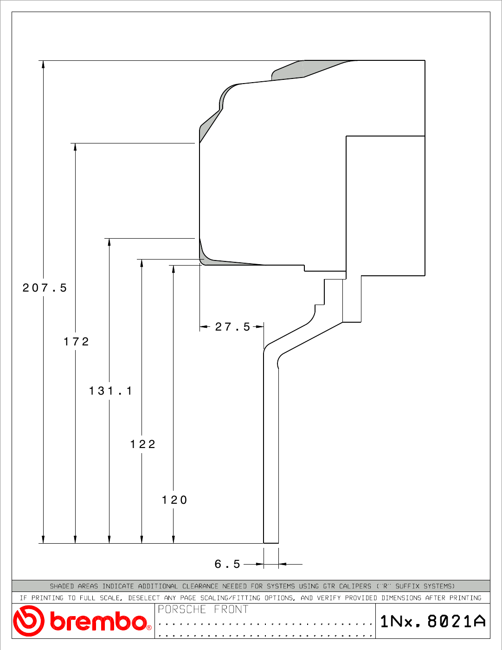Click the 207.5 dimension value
tap(45, 288)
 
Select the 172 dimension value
tap(76, 341)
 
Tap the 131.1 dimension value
tap(110, 390)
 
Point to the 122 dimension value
tap(143, 444)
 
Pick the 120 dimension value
tap(174, 500)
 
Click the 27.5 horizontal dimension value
tap(232, 327)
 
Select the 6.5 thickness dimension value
tap(227, 564)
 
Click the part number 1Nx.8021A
tap(433, 621)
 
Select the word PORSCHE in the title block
tap(182, 609)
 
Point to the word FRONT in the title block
tap(231, 609)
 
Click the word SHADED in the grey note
tap(62, 586)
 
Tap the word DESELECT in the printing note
tap(144, 598)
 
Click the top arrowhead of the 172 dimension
tap(75, 147)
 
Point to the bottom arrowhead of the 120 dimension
tap(174, 539)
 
